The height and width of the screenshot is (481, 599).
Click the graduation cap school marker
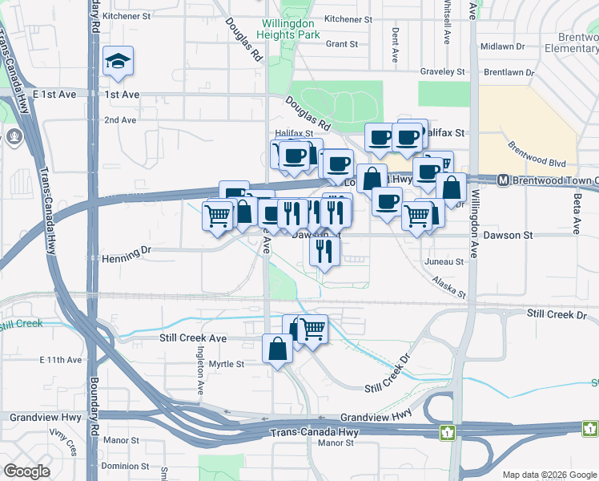[118, 62]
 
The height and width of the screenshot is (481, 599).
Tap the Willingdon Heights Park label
[288, 30]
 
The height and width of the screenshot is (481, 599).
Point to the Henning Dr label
[127, 252]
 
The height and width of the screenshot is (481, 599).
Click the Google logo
[26, 471]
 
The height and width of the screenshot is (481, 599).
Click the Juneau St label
[448, 261]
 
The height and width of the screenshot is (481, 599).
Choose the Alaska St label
[448, 288]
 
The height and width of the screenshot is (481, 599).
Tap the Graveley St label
[443, 71]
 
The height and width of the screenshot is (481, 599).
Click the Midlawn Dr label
[503, 46]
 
